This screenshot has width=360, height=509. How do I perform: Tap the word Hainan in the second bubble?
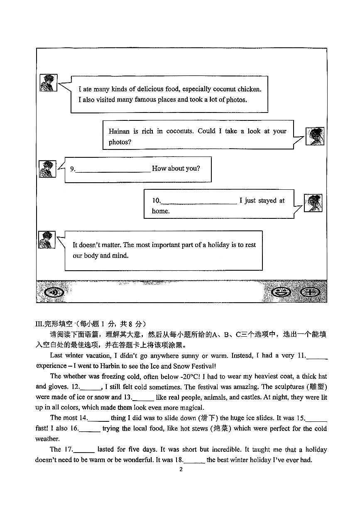119,131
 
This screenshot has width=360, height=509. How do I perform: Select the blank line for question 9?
113,169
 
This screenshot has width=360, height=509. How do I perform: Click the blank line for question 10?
198,201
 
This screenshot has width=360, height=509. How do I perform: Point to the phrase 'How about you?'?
176,169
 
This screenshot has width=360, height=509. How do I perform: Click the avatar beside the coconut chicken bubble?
48,83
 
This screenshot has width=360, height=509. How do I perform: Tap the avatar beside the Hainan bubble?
315,136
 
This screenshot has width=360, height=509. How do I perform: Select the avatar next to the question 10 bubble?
313,203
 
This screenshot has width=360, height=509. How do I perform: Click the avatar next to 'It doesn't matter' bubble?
47,240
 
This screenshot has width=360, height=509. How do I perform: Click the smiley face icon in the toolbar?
281,292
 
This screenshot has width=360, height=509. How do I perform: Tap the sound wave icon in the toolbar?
54,292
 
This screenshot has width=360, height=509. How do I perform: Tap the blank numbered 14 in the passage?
99,418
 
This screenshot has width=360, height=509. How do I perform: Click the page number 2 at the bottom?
181,470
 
